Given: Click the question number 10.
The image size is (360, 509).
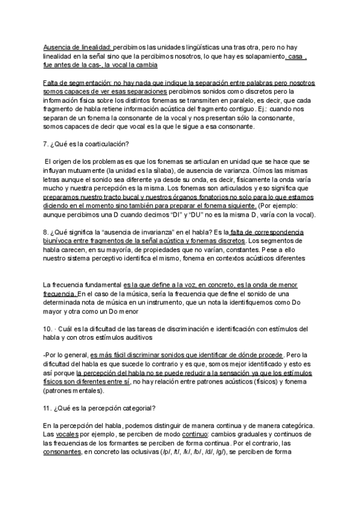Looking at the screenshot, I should pyautogui.click(x=48, y=329).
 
